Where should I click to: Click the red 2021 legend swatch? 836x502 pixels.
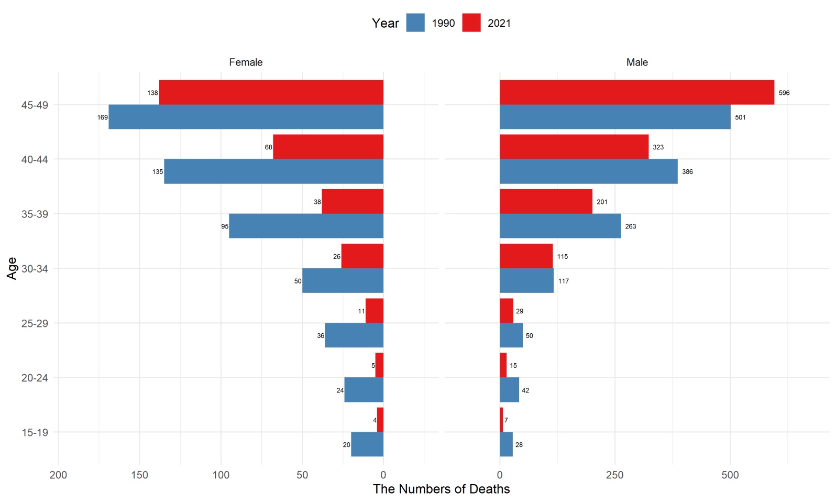(471, 23)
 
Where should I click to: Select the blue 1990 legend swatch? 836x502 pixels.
(415, 23)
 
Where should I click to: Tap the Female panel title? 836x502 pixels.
(246, 62)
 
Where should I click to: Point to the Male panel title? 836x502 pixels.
(637, 62)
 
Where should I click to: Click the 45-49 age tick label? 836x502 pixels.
(35, 105)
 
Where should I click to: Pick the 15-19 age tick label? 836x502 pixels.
(35, 433)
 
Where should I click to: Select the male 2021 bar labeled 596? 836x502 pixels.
(636, 92)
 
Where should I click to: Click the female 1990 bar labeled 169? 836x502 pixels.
(246, 117)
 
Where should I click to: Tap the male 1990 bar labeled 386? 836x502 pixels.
(588, 171)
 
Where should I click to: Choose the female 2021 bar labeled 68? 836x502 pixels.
(328, 147)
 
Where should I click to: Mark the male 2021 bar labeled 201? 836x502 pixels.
(546, 201)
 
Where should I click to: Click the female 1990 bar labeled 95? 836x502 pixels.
(306, 226)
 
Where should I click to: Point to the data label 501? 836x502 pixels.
(740, 117)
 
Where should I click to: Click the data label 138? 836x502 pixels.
(152, 93)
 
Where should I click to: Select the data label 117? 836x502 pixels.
(563, 281)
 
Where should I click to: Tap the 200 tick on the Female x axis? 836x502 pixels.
(58, 475)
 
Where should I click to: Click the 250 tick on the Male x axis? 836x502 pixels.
(614, 475)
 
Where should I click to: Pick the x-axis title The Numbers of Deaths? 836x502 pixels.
(441, 489)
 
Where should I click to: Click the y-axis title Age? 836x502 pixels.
(12, 268)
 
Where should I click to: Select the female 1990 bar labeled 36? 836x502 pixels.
(354, 335)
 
